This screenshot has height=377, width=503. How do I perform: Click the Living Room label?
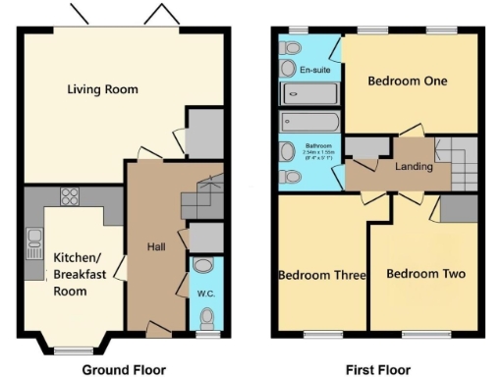tap(102, 89)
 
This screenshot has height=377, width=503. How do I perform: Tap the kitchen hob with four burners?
tap(71, 195)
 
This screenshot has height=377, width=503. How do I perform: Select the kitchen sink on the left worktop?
tap(34, 239)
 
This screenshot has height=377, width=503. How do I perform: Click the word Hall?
tap(155, 246)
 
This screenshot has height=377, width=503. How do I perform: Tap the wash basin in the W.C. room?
tap(203, 265)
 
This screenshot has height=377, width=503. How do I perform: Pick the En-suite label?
tap(314, 71)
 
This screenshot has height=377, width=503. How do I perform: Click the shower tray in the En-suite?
tap(309, 94)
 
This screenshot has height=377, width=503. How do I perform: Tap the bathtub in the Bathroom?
tap(308, 123)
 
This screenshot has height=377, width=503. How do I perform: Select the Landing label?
tap(414, 167)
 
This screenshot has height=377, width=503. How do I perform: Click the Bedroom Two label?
tap(424, 273)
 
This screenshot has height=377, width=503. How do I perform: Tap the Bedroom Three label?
tap(323, 275)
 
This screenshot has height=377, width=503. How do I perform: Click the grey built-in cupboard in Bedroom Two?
tap(458, 208)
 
